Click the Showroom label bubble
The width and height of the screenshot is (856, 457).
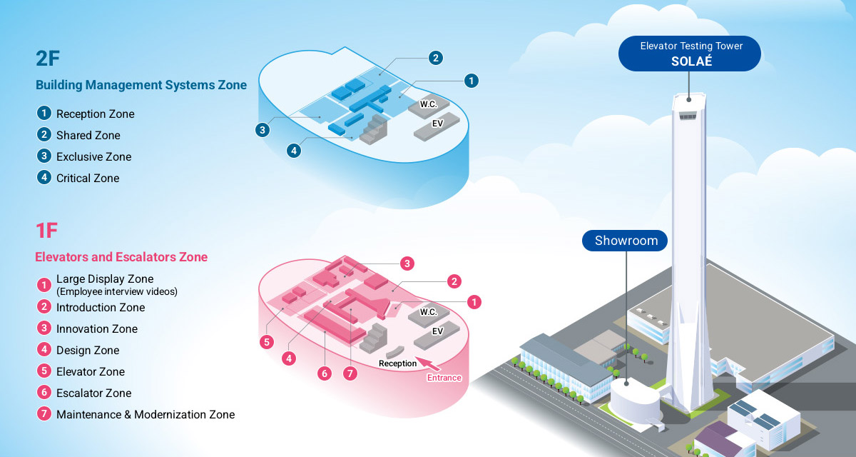point(626,241)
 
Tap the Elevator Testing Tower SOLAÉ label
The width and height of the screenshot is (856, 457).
point(690,54)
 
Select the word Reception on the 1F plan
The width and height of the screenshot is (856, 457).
point(397,363)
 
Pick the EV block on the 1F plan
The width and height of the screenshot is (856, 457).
point(437,332)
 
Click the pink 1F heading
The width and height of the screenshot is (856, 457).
point(46,230)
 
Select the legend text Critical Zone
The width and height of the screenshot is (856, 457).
point(88,178)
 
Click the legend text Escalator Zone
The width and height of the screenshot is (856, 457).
point(93,393)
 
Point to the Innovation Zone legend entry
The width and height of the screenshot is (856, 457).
point(96,328)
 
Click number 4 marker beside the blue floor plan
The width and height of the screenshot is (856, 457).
point(294,151)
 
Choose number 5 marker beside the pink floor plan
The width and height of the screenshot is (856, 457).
point(267,342)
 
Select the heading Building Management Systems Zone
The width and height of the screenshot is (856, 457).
point(141,85)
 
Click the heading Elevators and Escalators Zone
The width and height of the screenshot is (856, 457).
point(121,256)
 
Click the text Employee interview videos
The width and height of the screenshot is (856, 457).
point(116,291)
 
